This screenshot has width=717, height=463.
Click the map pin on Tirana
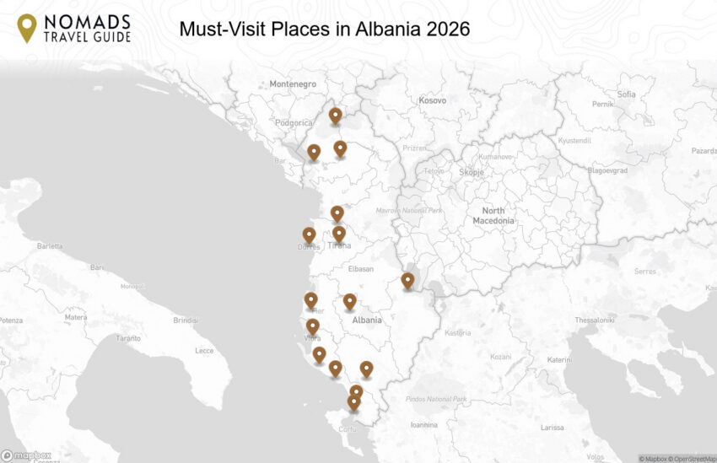coord(339,234)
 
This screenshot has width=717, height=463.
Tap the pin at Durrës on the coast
coord(310,235)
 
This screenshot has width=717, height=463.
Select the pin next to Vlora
coord(313,326)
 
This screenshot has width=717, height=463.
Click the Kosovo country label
coord(432,100)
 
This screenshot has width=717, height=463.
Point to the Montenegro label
coord(293,84)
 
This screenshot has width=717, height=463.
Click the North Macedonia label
coord(493,215)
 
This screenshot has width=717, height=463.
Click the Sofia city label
coord(626,94)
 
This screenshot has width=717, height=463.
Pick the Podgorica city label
coord(294,122)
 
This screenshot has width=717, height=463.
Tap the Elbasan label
coord(360,270)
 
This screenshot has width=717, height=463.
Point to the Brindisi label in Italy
coord(185,320)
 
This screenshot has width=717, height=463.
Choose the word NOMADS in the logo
coord(88,21)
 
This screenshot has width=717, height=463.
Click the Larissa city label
coord(553,428)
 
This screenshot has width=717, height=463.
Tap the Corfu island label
coord(347,429)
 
